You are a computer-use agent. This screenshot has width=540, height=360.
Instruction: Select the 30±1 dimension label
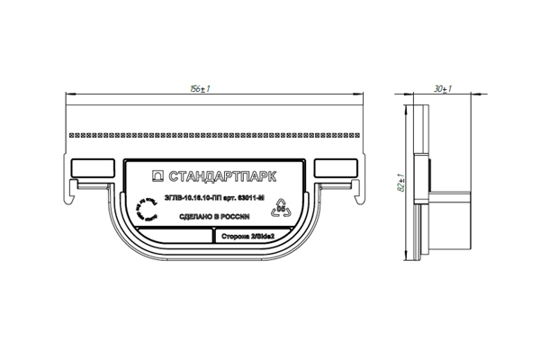(x=441, y=90)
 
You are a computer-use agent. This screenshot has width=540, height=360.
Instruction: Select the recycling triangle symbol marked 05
(x=281, y=206)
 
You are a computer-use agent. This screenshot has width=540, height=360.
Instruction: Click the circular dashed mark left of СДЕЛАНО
(x=144, y=211)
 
